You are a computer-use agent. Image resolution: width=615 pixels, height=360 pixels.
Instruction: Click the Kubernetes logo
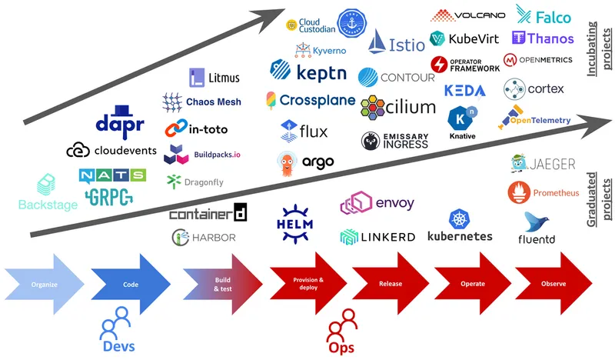point(459,225)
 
